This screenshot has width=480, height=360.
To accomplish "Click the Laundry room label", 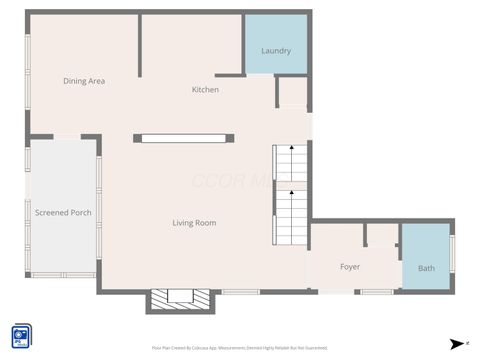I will pos(275,51).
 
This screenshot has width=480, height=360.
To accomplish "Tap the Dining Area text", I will pos(84,81).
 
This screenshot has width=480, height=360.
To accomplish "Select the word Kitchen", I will pos(205,90).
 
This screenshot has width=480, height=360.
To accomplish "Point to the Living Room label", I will pos(194,223).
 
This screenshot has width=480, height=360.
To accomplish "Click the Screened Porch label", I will pos(63,213).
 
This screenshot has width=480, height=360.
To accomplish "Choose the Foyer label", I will pos(350,267).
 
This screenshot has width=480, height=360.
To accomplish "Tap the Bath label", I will pos(426,268).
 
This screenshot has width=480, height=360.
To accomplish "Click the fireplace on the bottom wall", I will pos(181,299).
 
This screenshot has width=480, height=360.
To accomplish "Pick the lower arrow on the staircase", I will pos(291,192).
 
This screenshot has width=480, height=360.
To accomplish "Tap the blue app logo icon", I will pos(21,336).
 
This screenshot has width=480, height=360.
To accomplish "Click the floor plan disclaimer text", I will pos(240,348).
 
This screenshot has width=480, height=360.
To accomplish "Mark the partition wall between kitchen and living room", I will pos(184,138).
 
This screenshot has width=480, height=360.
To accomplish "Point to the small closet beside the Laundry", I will pos(292,92).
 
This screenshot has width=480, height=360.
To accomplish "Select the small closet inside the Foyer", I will pos(381,235).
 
